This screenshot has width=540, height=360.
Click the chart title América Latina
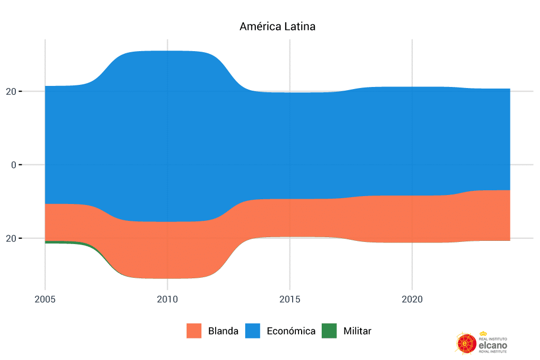pyautogui.click(x=277, y=26)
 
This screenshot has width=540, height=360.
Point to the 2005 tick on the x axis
pyautogui.click(x=45, y=299)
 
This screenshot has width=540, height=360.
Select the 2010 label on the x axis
pyautogui.click(x=167, y=299)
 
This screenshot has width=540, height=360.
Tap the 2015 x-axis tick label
pyautogui.click(x=290, y=299)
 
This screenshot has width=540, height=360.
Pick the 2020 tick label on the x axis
pyautogui.click(x=412, y=299)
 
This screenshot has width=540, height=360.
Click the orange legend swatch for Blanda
pyautogui.click(x=194, y=331)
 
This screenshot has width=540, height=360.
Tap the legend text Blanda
pyautogui.click(x=223, y=331)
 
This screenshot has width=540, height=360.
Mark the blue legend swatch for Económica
pyautogui.click(x=253, y=331)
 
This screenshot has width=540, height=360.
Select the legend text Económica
pyautogui.click(x=291, y=331)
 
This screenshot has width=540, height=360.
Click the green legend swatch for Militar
pyautogui.click(x=329, y=331)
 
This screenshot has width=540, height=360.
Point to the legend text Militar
pyautogui.click(x=357, y=331)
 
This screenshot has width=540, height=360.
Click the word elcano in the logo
pyautogui.click(x=493, y=345)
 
